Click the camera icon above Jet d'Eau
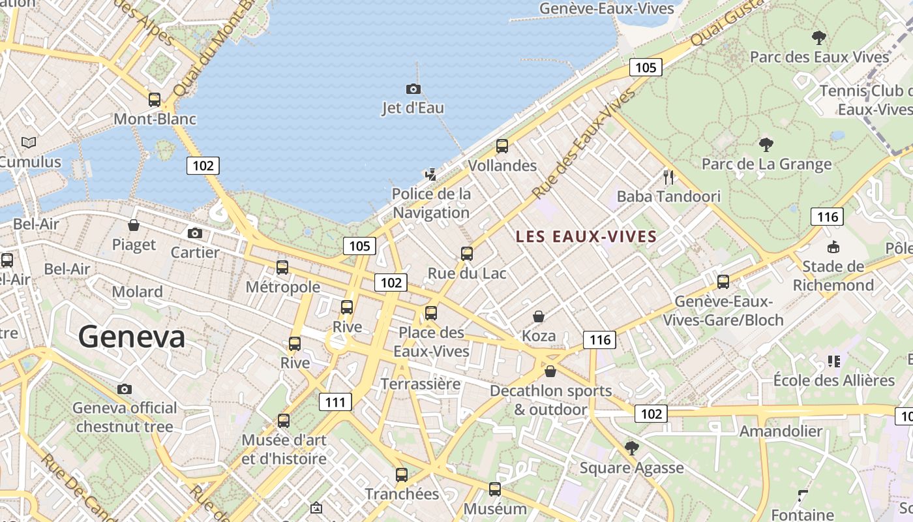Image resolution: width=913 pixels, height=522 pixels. pyautogui.click(x=413, y=89)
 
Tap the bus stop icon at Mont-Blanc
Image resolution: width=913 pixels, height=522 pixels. pyautogui.click(x=155, y=100)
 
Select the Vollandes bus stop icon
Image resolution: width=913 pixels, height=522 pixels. pyautogui.click(x=501, y=146)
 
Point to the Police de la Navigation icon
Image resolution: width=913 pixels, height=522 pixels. pyautogui.click(x=430, y=174)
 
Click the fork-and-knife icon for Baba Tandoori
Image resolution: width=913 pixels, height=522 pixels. pyautogui.click(x=668, y=177)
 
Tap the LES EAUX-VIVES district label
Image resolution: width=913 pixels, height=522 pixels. pyautogui.click(x=586, y=236)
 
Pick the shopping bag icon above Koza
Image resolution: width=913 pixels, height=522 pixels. pyautogui.click(x=539, y=316)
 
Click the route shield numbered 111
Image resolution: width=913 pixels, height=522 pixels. pyautogui.click(x=335, y=402)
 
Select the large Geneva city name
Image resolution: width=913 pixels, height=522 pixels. pyautogui.click(x=132, y=337)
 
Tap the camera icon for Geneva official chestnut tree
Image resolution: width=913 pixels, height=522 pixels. pyautogui.click(x=125, y=390)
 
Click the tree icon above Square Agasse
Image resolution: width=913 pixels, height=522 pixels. pyautogui.click(x=631, y=448)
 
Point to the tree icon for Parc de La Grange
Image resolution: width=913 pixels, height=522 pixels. pyautogui.click(x=766, y=144)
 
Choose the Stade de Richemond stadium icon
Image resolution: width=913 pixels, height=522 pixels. pyautogui.click(x=833, y=247)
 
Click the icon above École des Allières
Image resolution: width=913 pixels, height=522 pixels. pyautogui.click(x=833, y=361)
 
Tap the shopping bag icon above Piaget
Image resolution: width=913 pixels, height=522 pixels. pyautogui.click(x=134, y=225)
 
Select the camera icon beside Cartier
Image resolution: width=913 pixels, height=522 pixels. pyautogui.click(x=194, y=233)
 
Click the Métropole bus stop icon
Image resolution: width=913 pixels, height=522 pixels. pyautogui.click(x=282, y=267)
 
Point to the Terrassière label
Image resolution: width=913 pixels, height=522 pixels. pyautogui.click(x=420, y=384)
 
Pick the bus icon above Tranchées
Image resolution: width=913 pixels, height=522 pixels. pyautogui.click(x=402, y=474)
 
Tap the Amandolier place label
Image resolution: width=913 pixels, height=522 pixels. pyautogui.click(x=781, y=431)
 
